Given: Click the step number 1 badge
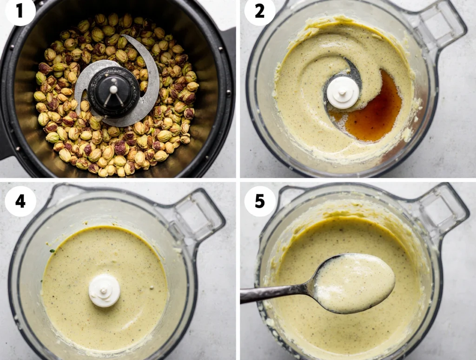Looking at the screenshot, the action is pyautogui.click(x=20, y=11).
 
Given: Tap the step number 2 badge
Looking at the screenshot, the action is pyautogui.click(x=259, y=11).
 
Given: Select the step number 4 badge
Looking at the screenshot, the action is pyautogui.click(x=20, y=201).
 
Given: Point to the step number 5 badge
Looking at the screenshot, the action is pyautogui.click(x=259, y=201).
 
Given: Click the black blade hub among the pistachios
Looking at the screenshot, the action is pyautogui.click(x=113, y=92).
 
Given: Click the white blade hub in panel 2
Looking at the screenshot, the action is pyautogui.click(x=343, y=92).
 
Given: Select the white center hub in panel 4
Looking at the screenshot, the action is pyautogui.click(x=104, y=290).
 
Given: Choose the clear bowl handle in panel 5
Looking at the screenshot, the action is pyautogui.click(x=440, y=209).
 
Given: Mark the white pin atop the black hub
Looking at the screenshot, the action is pyautogui.click(x=113, y=89).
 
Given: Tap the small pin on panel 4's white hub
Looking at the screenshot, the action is pyautogui.click(x=104, y=290).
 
